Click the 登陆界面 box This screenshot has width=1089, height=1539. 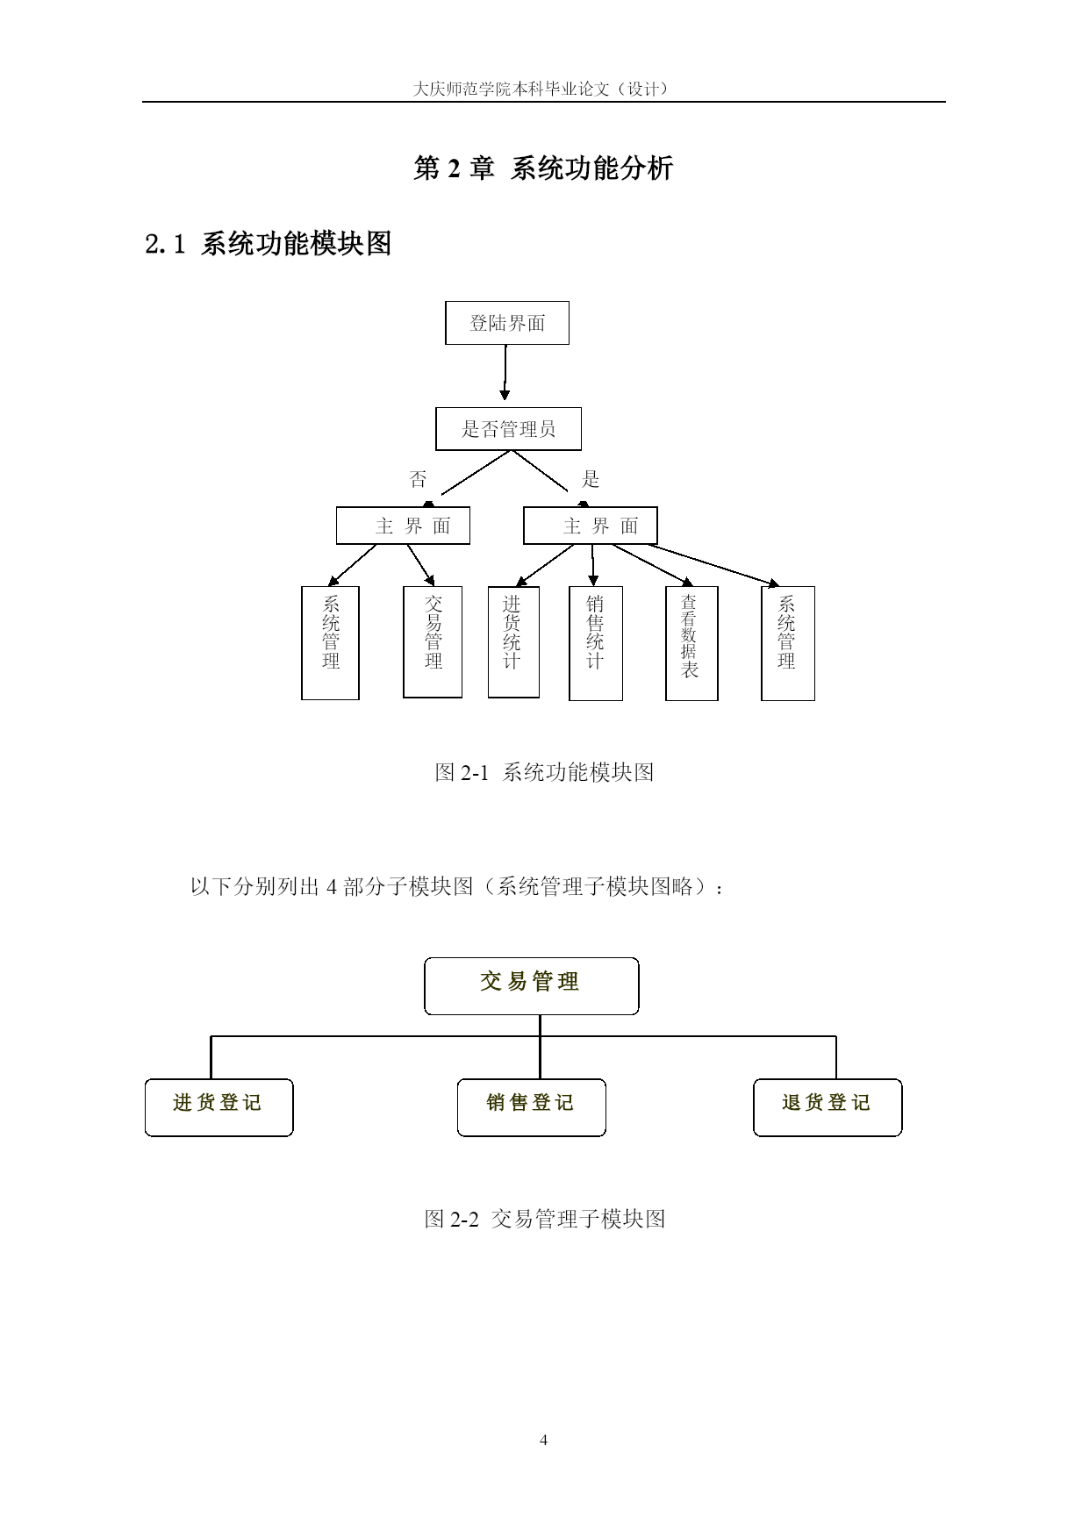click(x=507, y=323)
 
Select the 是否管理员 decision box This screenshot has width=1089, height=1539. click(x=508, y=429)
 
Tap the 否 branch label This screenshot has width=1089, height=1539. click(x=418, y=479)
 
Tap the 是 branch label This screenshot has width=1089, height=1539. click(x=591, y=479)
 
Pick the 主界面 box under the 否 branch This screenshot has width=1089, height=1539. click(x=403, y=526)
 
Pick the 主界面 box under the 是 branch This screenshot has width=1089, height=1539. click(x=591, y=526)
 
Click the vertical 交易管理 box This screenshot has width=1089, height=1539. click(x=433, y=641)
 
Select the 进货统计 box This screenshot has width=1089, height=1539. click(x=513, y=641)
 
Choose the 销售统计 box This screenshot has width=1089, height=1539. click(x=596, y=643)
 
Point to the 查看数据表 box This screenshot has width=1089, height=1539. click(x=691, y=643)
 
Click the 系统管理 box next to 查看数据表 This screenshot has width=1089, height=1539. click(x=788, y=643)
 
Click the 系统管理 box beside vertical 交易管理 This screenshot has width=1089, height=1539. click(x=330, y=642)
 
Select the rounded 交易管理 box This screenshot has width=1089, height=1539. click(x=532, y=986)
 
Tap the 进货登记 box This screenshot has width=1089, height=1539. click(x=219, y=1107)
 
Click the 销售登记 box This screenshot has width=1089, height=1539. click(x=532, y=1107)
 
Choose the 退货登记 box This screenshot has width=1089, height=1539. click(x=827, y=1107)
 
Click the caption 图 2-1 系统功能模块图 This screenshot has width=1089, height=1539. click(x=544, y=772)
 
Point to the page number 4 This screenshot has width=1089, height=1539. click(x=544, y=1440)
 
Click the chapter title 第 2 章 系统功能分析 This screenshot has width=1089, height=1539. click(x=544, y=168)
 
